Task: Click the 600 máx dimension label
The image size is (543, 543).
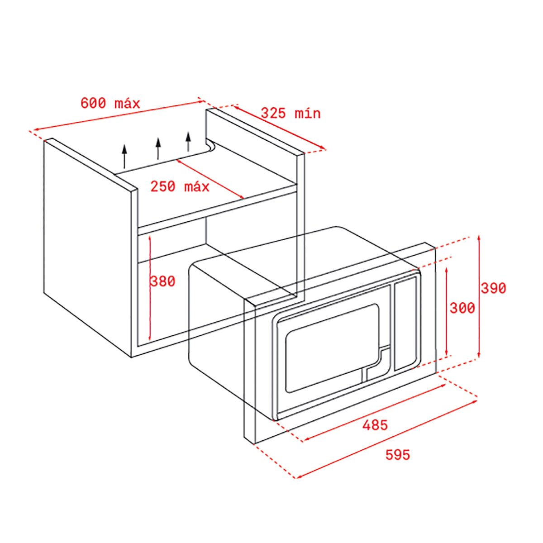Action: [x=110, y=103]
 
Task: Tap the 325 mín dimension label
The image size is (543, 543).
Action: [x=291, y=113]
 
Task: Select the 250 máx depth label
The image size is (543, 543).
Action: [x=180, y=186]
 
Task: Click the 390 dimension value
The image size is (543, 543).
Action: [x=493, y=288]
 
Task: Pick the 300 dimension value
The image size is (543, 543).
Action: [x=462, y=308]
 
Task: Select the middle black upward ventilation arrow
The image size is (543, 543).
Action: [x=158, y=149]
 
